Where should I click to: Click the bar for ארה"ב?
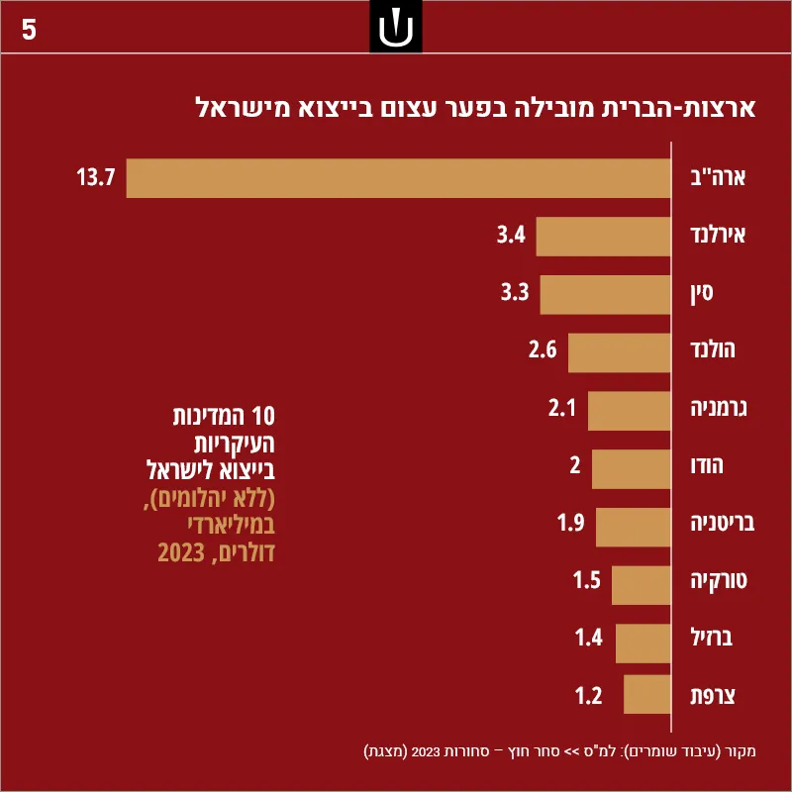pos(398,178)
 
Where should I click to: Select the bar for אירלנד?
pos(603,237)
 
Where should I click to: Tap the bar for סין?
pos(605,294)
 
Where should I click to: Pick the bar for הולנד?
pos(620,352)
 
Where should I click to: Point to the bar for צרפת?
pos(647,694)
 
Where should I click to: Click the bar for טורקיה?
pos(641,585)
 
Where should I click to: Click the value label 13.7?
pos(96,177)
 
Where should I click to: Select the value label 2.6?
pos(543,349)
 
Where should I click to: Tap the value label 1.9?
pos(571,523)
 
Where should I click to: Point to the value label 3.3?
pos(515,292)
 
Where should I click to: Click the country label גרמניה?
pos(719,408)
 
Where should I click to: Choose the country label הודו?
pos(707,465)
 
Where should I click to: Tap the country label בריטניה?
pos(723,523)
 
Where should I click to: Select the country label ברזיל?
pos(711,638)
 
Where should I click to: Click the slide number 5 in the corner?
pos(29,30)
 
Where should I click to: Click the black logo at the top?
pos(395,27)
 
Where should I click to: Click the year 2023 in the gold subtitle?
pos(181,553)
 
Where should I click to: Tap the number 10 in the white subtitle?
pos(263,417)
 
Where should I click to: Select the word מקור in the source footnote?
pos(741,751)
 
